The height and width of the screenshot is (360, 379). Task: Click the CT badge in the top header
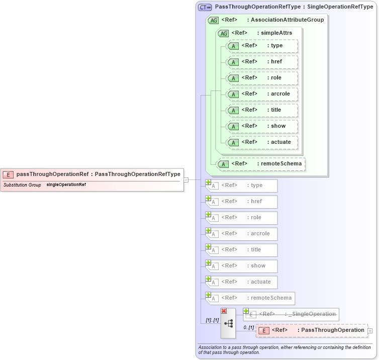pyautogui.click(x=205, y=7)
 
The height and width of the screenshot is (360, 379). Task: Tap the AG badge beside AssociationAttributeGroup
pyautogui.click(x=213, y=21)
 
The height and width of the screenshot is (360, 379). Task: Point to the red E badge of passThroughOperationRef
pyautogui.click(x=8, y=174)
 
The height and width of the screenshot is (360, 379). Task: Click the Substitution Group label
pyautogui.click(x=22, y=185)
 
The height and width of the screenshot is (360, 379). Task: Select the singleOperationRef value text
pyautogui.click(x=66, y=185)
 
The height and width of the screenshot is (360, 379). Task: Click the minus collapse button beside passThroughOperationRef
pyautogui.click(x=185, y=179)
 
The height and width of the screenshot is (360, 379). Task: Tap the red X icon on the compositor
pyautogui.click(x=224, y=311)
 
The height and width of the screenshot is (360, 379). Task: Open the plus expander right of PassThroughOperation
pyautogui.click(x=370, y=331)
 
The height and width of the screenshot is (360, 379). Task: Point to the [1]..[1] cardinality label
pyautogui.click(x=212, y=320)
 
